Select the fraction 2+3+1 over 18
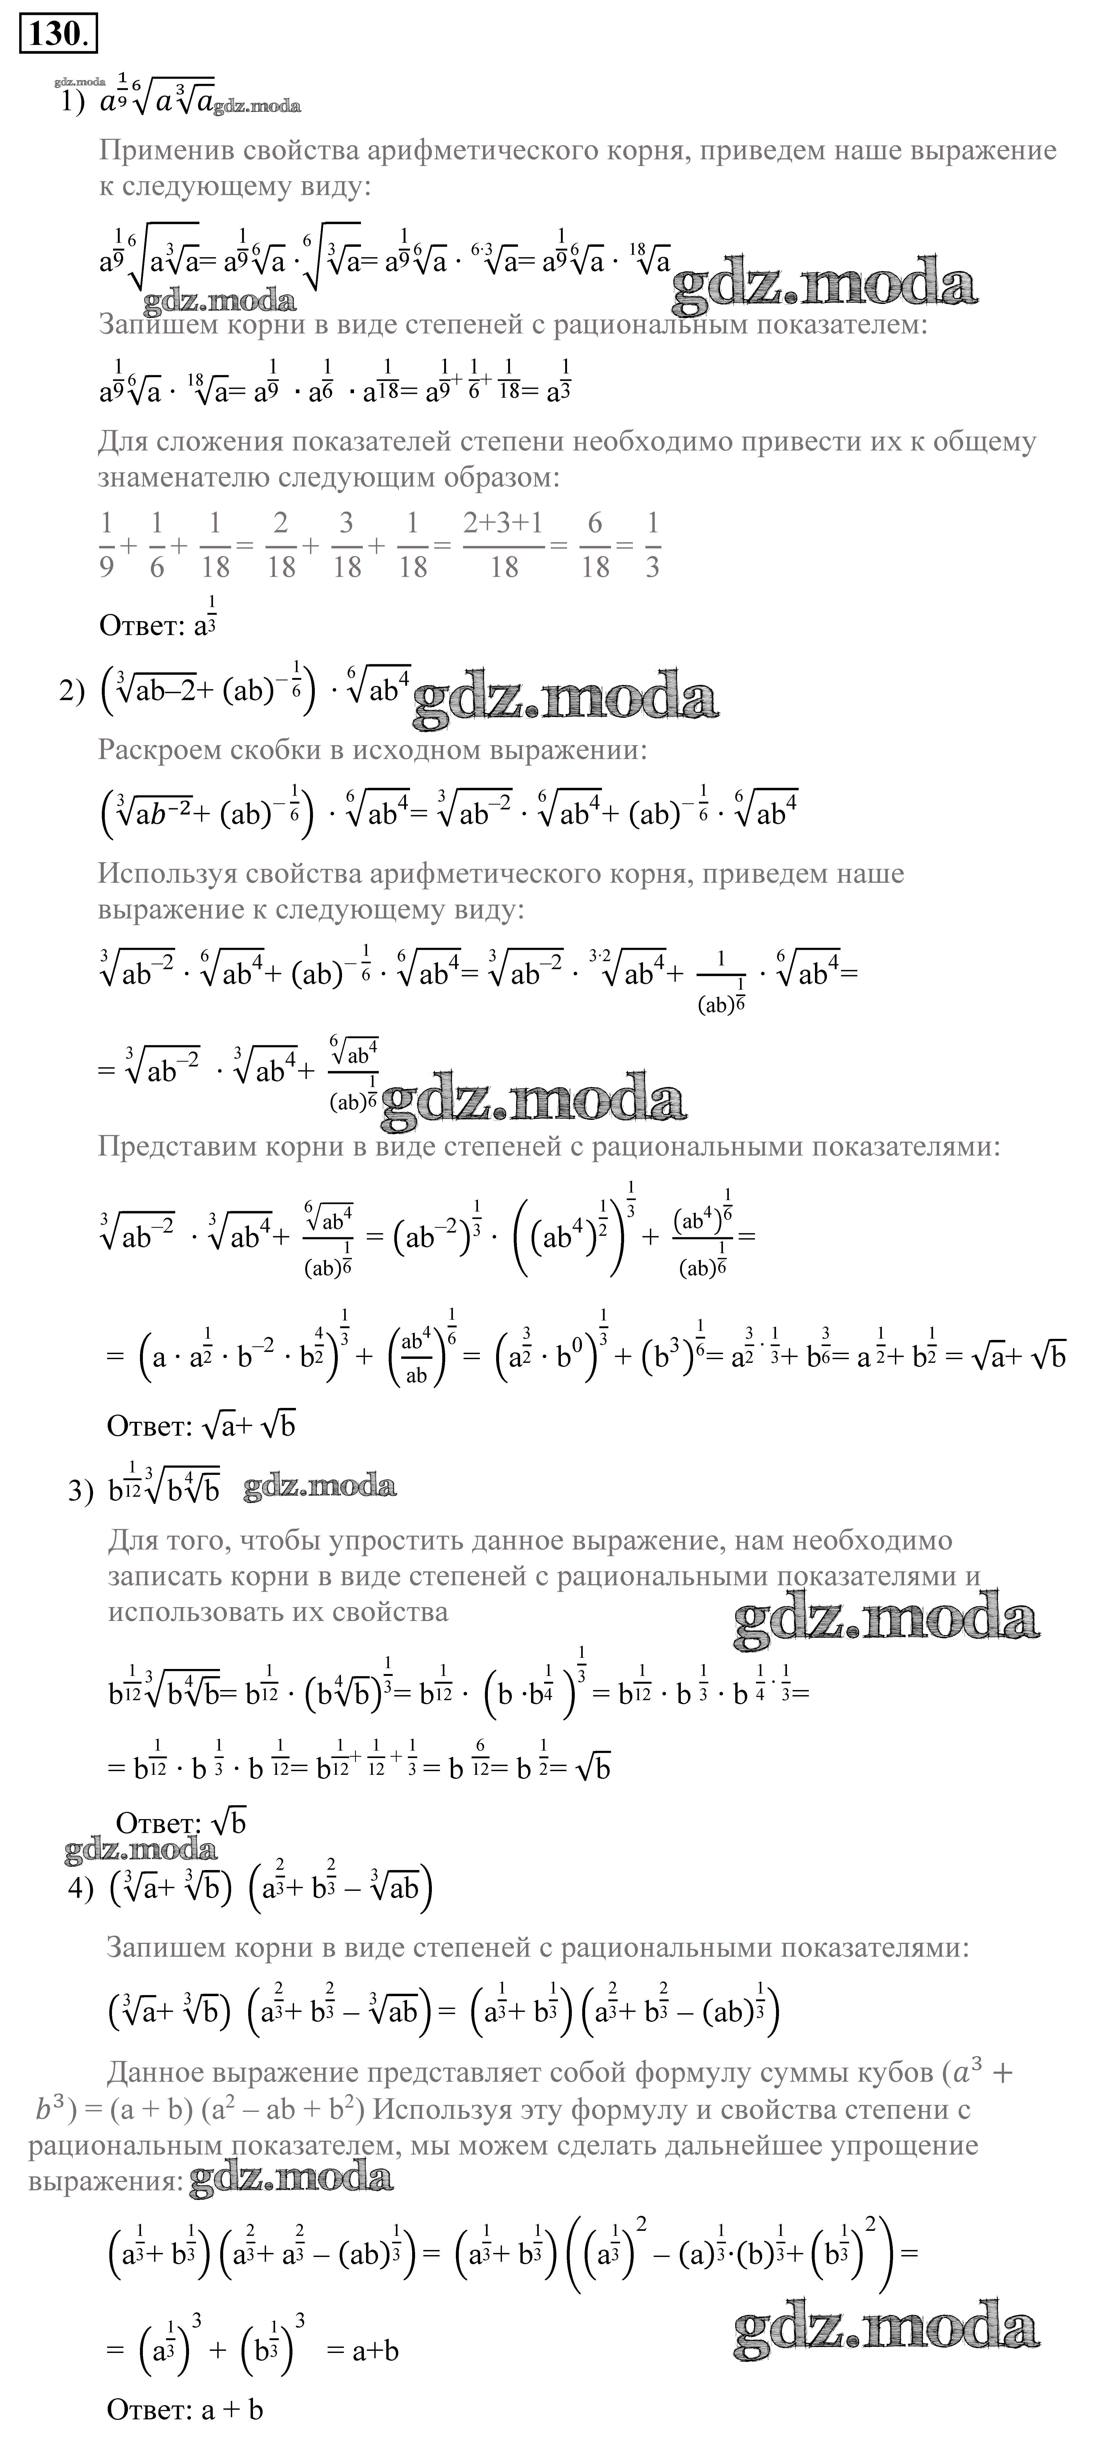(503, 545)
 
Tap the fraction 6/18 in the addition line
(594, 545)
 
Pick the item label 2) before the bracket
(72, 692)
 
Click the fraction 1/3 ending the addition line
(651, 545)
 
